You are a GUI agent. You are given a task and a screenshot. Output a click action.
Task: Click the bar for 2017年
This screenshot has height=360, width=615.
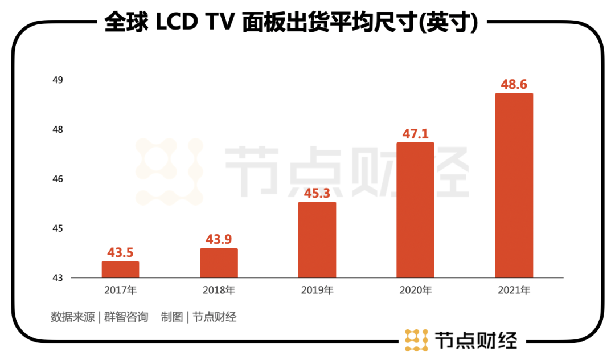120,269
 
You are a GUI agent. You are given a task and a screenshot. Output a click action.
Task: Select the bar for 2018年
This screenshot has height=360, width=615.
219,263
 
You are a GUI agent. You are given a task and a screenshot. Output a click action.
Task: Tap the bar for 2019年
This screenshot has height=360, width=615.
317,240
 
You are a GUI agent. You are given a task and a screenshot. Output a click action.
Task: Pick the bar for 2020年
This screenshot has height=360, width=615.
415,210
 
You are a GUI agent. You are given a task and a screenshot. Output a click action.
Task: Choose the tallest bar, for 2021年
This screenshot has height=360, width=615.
514,186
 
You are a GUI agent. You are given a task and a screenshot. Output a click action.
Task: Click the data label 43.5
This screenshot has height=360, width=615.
120,252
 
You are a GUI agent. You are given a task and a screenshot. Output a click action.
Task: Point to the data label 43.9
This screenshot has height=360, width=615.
219,239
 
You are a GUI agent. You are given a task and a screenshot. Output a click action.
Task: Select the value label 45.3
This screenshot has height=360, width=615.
317,193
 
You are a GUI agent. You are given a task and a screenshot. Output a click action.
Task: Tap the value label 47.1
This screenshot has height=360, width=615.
415,134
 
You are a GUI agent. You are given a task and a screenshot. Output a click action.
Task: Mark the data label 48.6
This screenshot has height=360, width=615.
514,84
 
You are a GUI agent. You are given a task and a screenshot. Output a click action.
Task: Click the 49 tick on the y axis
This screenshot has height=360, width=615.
58,80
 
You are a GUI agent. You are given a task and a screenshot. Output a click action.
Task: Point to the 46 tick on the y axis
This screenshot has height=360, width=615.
58,179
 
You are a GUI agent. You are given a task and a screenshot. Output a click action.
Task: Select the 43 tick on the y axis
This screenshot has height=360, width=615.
58,278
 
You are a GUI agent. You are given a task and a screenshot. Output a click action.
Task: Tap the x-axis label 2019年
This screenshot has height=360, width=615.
317,291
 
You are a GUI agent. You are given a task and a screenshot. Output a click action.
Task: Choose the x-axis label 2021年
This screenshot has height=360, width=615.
514,291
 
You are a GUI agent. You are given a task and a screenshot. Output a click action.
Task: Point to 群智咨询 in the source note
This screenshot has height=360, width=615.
126,317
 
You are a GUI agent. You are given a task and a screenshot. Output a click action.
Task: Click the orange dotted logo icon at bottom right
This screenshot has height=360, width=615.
416,340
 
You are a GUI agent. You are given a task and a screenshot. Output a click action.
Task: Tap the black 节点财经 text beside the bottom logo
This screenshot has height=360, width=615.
475,340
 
